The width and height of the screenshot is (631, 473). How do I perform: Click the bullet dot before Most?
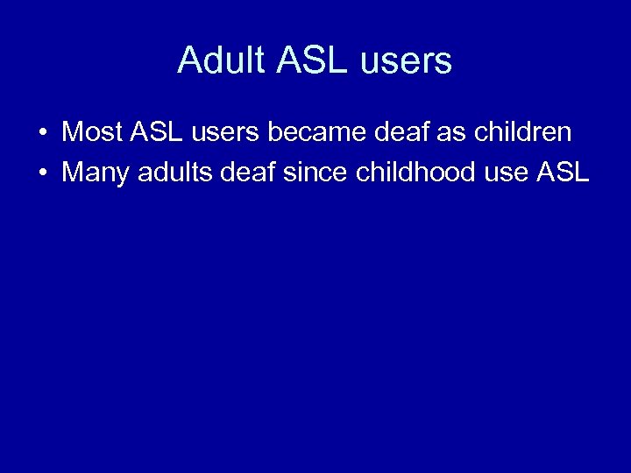pos(42,134)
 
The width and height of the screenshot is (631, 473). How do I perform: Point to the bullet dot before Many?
pos(42,173)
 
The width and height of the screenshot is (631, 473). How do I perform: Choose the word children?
pos(523,132)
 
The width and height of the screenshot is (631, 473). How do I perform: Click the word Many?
pos(94,172)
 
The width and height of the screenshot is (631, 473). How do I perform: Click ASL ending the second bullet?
pos(562,172)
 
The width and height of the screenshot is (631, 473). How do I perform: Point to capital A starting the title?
pos(188,60)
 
